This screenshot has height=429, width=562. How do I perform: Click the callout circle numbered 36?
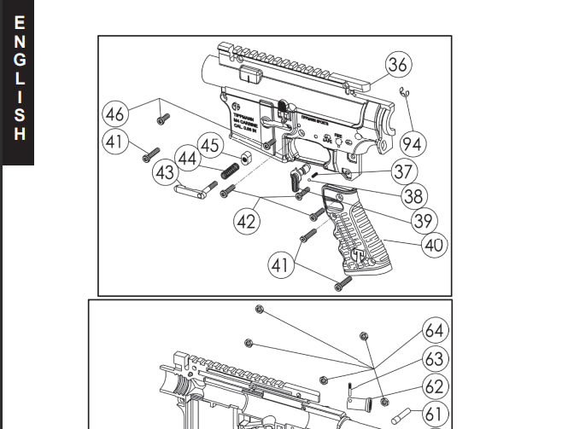coord(397,64)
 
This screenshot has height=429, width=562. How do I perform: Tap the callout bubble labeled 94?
coord(412,143)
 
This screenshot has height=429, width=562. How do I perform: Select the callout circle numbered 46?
coord(115,113)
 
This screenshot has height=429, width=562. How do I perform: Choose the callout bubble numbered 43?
coord(166,172)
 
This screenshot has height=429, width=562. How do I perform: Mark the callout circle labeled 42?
coord(246,221)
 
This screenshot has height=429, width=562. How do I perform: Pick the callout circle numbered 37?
coord(403,171)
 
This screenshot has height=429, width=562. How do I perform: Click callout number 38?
coord(413,196)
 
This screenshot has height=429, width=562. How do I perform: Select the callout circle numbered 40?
coord(434,246)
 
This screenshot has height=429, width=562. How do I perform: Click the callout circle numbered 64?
coord(434,330)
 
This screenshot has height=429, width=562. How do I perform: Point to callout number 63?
coord(434,358)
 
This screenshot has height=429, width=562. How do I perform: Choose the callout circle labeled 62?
coord(434,386)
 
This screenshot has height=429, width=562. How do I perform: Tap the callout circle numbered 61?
coord(434,415)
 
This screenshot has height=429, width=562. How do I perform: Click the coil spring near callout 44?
coord(229,170)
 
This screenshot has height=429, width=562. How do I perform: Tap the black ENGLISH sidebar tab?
coord(18,81)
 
